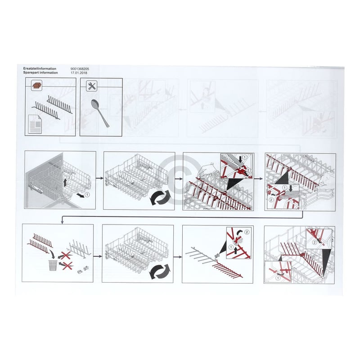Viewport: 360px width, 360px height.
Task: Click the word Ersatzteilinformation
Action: pos(40,69)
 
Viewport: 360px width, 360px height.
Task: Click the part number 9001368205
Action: pos(80,69)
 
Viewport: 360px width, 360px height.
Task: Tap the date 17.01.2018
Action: pos(79,73)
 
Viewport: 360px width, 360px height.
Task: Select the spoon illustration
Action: pos(100,113)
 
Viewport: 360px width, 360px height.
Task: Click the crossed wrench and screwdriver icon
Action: pos(92,86)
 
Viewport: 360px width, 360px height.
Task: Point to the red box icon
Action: pos(36,85)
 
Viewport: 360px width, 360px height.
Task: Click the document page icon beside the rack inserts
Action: pos(35,124)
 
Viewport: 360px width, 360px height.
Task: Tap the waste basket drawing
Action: pos(53,265)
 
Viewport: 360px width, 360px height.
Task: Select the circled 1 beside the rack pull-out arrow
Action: pos(87,195)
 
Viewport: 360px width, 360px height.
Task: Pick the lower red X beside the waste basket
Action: pos(67,265)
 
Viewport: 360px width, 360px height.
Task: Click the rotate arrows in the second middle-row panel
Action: pos(161,198)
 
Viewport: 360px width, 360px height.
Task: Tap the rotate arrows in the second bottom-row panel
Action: pos(159,271)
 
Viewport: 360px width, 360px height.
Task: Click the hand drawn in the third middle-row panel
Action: pos(208,171)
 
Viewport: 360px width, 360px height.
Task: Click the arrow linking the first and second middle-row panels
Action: pos(99,178)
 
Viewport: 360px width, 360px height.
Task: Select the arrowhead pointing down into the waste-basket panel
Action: pos(62,222)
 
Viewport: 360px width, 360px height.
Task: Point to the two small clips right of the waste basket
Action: pos(83,270)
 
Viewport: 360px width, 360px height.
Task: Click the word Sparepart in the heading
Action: pos(31,73)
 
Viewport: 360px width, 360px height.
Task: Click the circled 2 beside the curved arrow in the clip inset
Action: pos(247,232)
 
